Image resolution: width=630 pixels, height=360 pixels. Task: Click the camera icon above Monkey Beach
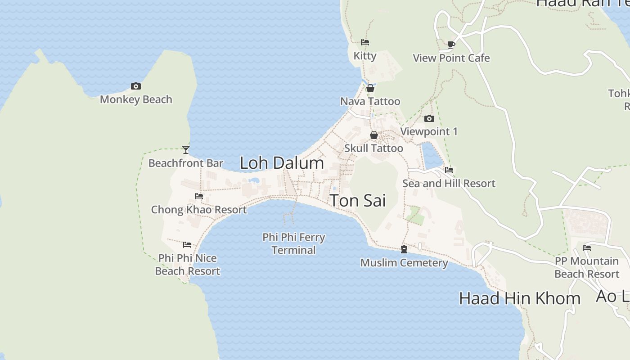pos(136,86)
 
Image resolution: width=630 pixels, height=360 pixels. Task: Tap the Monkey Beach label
pos(136,99)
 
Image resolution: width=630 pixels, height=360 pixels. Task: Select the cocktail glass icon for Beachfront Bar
pos(185,149)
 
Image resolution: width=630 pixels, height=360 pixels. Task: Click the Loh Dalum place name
pos(282,163)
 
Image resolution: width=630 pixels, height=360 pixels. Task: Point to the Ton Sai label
pos(358,201)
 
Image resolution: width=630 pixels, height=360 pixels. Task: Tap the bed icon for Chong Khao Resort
pos(199,196)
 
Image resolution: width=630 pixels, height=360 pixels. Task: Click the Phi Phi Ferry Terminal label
pos(294,243)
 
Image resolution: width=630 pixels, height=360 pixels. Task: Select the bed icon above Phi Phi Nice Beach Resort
pos(187,245)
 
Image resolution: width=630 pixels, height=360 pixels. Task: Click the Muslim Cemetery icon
pos(404,249)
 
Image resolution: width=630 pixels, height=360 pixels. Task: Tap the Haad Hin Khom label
pos(520,298)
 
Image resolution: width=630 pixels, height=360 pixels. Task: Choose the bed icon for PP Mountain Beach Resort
pos(587,248)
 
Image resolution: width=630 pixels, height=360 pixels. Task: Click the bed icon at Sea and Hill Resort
pos(449,170)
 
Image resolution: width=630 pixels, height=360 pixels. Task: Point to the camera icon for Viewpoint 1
pos(429,119)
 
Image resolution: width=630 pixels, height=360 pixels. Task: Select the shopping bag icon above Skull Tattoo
pos(373,135)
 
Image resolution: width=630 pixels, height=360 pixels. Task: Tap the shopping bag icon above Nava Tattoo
pos(370,88)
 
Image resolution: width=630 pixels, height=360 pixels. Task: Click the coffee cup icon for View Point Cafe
pos(451,45)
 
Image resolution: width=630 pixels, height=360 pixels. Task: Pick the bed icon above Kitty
pos(365,42)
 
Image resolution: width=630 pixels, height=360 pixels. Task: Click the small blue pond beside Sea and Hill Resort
pos(432,155)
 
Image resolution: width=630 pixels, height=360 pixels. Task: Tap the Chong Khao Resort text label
pos(199,210)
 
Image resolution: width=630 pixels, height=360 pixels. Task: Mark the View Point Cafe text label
pos(451,58)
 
